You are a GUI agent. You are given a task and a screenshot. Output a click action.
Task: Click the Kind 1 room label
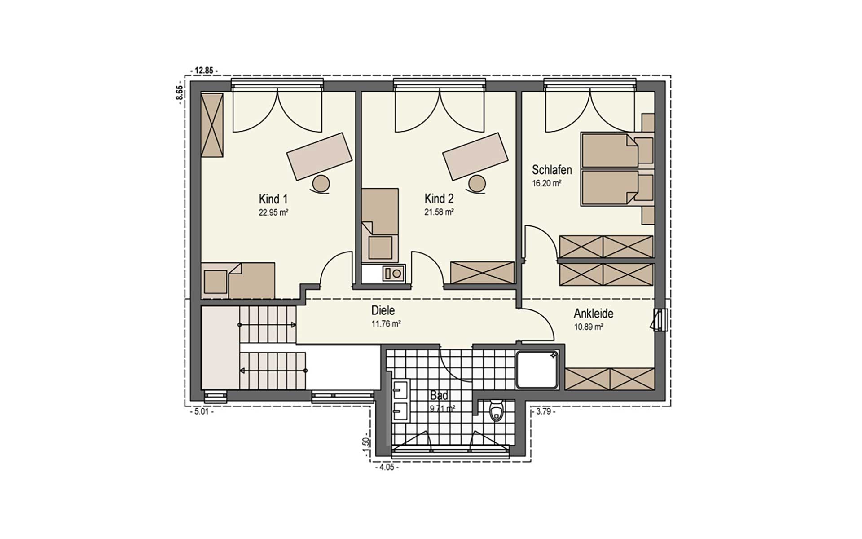coord(273,199)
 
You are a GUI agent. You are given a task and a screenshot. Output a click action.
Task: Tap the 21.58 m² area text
coord(439,212)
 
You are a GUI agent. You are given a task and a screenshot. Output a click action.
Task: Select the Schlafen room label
coord(552,170)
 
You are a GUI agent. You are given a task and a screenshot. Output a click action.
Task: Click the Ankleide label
coord(593,314)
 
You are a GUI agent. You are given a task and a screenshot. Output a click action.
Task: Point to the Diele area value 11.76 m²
coord(386,323)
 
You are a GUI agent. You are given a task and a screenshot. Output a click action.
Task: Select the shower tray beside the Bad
coord(537,370)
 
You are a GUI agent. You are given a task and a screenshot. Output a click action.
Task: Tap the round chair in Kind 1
coord(321,184)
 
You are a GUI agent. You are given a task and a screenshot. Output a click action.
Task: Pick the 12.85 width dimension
coord(204,71)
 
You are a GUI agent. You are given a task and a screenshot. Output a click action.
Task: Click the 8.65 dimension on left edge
coord(179,95)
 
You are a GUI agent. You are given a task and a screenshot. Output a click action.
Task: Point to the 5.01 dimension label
coord(201,411)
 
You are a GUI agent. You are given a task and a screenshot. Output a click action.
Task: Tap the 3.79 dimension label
coord(543,411)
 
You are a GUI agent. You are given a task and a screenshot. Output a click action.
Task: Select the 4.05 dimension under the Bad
coord(386,467)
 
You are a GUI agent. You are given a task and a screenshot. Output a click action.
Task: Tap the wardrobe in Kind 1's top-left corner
coord(212,125)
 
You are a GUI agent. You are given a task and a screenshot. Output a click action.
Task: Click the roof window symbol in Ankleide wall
coord(660,320)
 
